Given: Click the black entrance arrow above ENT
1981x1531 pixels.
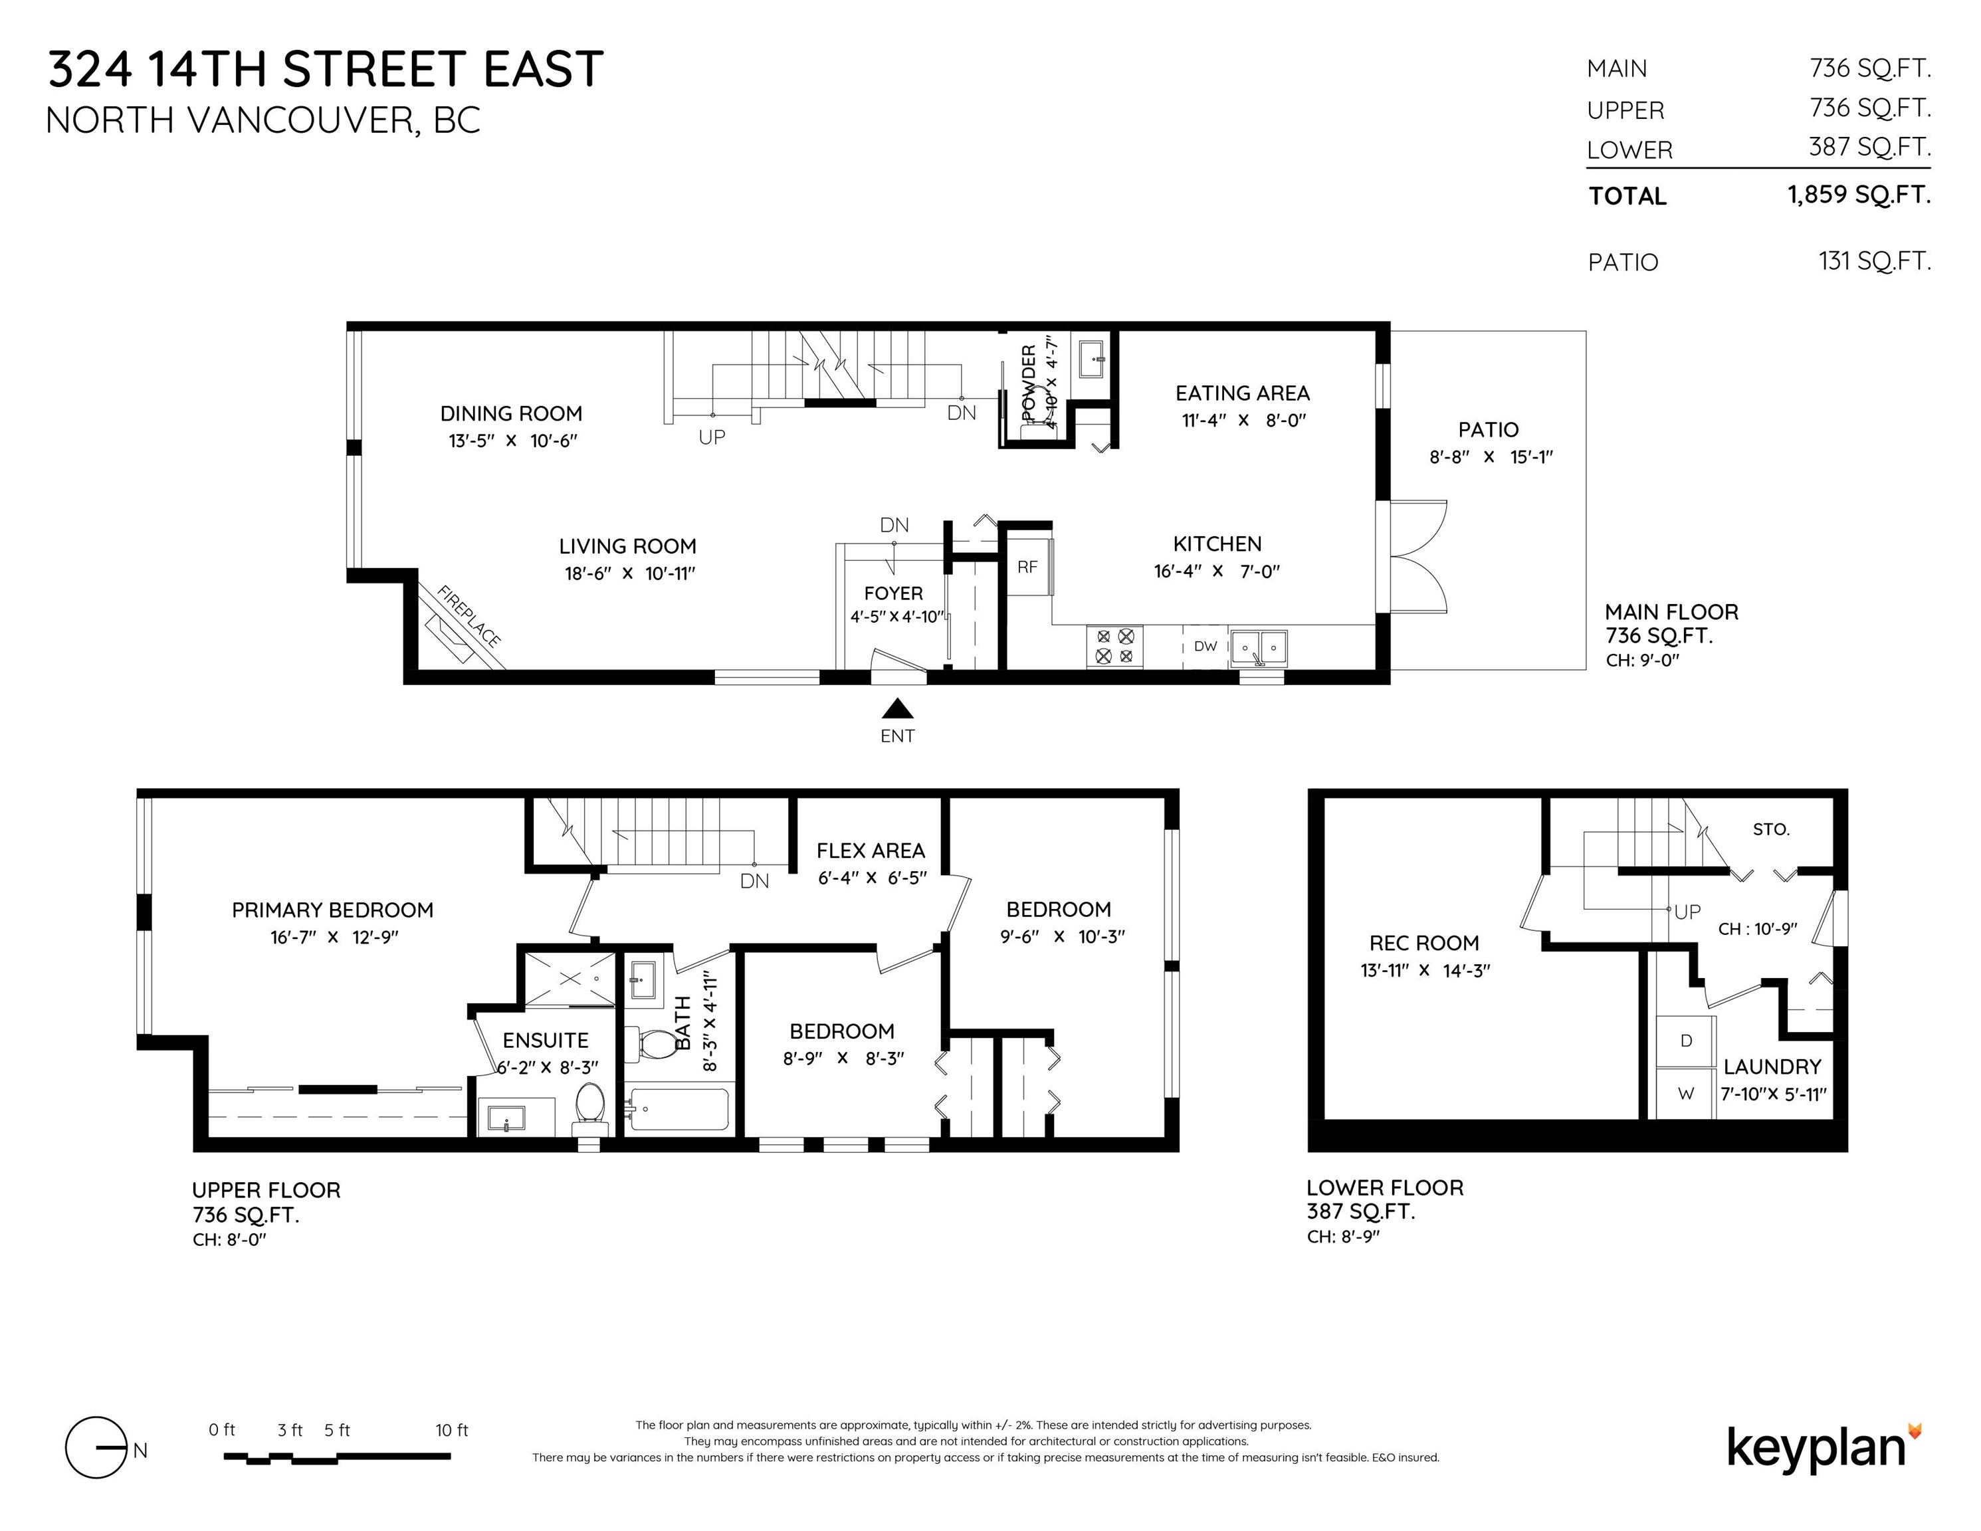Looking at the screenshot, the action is (897, 708).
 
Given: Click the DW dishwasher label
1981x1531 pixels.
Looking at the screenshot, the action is (1205, 647).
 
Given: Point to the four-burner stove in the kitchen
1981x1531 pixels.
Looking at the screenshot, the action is (1114, 647).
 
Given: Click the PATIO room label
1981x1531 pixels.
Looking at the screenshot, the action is (1489, 430).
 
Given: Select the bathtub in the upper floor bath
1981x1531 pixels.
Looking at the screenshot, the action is (678, 1109).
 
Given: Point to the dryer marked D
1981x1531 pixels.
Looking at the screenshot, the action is (1686, 1041).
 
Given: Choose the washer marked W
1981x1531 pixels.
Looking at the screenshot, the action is (1686, 1094).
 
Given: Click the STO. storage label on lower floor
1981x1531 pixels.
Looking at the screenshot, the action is (1770, 829).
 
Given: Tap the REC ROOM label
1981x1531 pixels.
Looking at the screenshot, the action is (1424, 944).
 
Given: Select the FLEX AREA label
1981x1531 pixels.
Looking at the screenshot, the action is (871, 851).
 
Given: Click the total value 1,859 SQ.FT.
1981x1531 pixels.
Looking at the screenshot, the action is (1859, 195).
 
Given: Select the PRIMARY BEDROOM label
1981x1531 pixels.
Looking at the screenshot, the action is (333, 910).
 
